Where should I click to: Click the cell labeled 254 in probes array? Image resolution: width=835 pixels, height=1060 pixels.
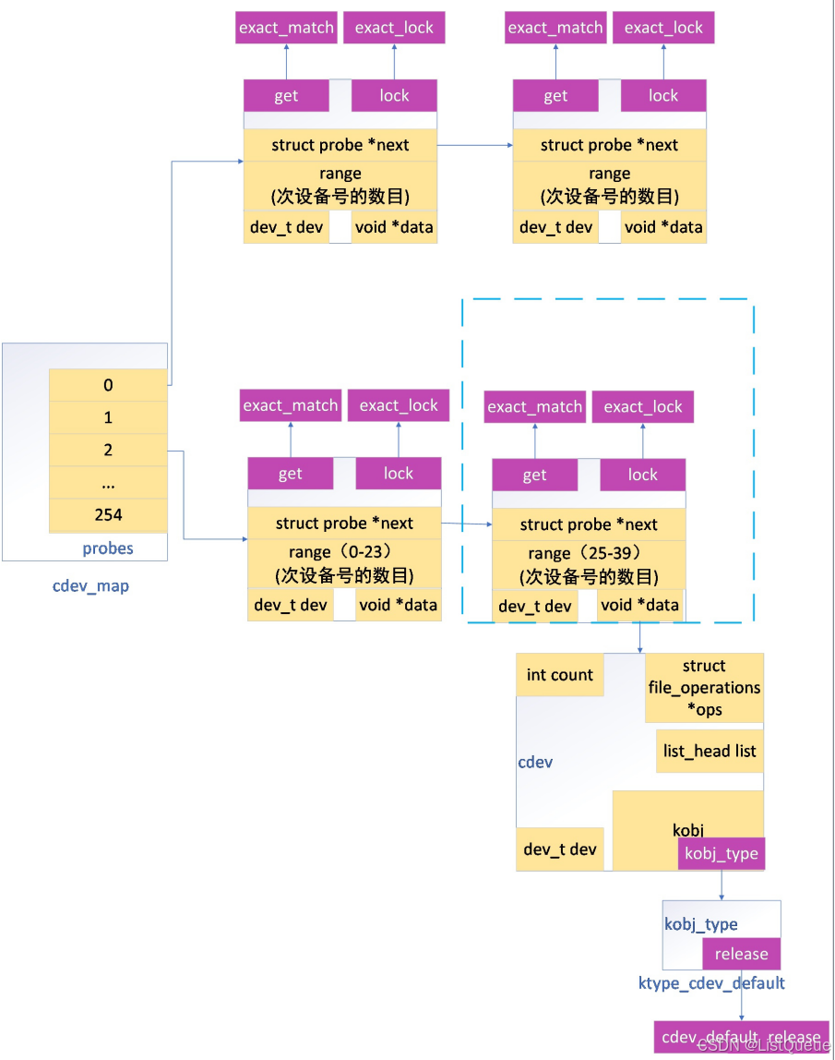point(108,515)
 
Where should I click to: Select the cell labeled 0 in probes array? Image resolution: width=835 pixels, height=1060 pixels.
point(108,385)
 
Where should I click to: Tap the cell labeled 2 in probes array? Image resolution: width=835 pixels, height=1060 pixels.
point(108,451)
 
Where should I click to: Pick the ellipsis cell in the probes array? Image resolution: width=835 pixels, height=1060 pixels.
point(108,483)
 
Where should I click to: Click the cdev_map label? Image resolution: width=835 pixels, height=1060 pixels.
point(90,585)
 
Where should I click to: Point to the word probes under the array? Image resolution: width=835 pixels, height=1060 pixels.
point(108,548)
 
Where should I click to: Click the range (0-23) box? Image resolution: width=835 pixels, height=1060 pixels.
point(344,563)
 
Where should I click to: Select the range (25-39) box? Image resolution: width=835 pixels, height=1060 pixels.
point(589,564)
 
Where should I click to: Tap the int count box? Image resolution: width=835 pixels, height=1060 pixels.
point(560,675)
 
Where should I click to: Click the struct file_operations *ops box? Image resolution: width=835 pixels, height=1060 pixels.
point(704,688)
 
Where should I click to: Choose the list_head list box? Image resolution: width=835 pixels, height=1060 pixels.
point(710,751)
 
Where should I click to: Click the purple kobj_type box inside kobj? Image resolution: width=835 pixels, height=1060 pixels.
point(722,854)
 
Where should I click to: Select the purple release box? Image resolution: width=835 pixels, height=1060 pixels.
point(741,954)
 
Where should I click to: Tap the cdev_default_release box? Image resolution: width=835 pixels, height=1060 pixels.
point(741,1037)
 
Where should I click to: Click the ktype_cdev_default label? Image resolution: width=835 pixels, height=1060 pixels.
point(711,983)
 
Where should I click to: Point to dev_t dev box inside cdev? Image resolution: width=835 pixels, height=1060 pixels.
point(560,849)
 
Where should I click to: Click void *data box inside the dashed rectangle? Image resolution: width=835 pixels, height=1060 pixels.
point(639,606)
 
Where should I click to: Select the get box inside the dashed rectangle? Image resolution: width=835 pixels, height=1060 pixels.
point(535,476)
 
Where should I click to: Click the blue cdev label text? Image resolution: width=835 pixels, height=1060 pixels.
point(535,763)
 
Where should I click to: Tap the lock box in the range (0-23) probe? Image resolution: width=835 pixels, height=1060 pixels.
point(399,474)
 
